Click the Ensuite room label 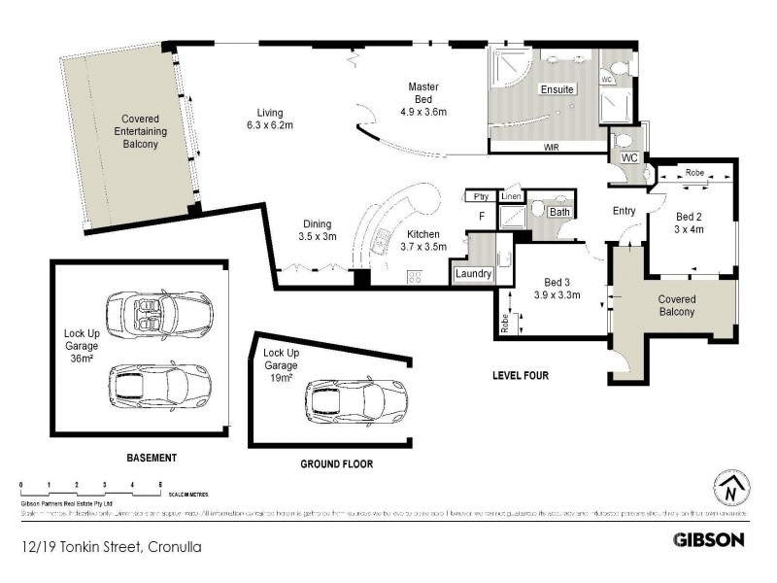click(557, 90)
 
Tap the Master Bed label click(422, 99)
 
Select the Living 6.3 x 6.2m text click(269, 119)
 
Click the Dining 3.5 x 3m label click(317, 229)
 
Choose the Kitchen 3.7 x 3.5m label click(422, 240)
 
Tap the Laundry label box click(473, 275)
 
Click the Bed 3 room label click(557, 288)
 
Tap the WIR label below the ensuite click(551, 148)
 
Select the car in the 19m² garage click(356, 398)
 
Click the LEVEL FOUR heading click(523, 374)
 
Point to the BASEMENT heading click(152, 457)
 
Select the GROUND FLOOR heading click(336, 464)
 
